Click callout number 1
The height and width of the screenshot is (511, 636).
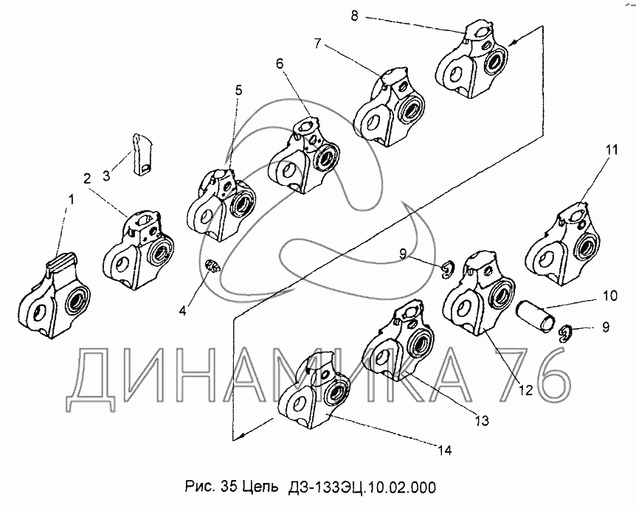[71, 199]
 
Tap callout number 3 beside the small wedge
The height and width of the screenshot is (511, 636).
[106, 176]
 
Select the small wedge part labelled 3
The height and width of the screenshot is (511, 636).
[141, 154]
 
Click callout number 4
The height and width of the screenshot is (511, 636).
[182, 311]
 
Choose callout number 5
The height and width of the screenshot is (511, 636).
[238, 90]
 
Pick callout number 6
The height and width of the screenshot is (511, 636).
[280, 63]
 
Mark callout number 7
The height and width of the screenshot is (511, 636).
[317, 43]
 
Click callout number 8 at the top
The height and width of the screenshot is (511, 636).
[354, 16]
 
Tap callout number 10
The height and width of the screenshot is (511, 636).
[609, 296]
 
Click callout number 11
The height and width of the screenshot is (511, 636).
[612, 150]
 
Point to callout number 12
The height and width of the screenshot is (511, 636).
[525, 390]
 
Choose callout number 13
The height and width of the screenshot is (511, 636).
[482, 420]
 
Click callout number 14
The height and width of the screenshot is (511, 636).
[445, 450]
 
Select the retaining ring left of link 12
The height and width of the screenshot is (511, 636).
[447, 270]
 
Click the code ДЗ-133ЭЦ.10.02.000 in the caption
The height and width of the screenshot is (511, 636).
[362, 487]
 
